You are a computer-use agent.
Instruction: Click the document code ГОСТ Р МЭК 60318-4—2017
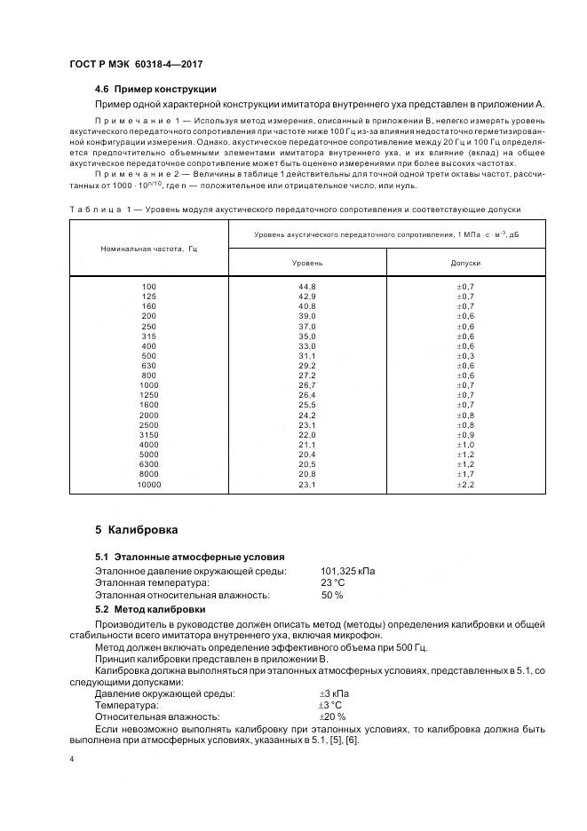(x=129, y=64)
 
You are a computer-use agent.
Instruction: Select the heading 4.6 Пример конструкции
(x=155, y=90)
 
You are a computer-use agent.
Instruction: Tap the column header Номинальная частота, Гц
(x=148, y=249)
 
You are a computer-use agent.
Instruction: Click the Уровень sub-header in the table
(x=307, y=264)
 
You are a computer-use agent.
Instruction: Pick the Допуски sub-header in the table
(x=465, y=264)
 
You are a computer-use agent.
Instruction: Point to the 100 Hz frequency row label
(x=148, y=286)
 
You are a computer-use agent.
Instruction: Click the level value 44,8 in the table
(x=307, y=286)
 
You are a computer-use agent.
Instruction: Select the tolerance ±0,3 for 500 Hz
(x=465, y=357)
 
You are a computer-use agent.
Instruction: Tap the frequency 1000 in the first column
(x=148, y=386)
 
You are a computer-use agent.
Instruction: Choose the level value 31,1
(x=307, y=357)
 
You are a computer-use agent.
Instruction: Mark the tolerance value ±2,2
(x=465, y=486)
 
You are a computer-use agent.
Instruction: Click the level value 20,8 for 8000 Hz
(x=307, y=475)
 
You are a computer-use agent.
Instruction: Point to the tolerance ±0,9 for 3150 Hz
(x=465, y=435)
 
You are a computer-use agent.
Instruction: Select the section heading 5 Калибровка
(x=136, y=530)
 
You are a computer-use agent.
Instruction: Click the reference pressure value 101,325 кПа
(x=347, y=571)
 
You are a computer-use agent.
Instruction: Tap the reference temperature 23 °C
(x=332, y=582)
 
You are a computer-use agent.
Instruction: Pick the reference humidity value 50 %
(x=331, y=595)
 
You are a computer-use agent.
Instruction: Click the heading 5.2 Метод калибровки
(x=150, y=609)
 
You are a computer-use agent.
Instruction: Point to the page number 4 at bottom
(x=72, y=760)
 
